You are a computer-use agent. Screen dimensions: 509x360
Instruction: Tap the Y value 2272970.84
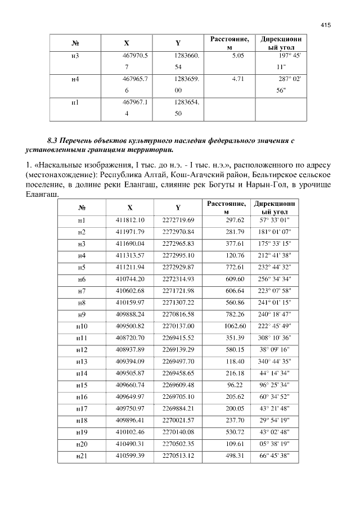pyautogui.click(x=178, y=232)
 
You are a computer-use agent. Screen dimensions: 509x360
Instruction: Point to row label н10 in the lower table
pyautogui.click(x=81, y=326)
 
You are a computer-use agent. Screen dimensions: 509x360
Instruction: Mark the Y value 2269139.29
pyautogui.click(x=178, y=349)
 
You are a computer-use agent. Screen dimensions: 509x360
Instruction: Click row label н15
pyautogui.click(x=81, y=385)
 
